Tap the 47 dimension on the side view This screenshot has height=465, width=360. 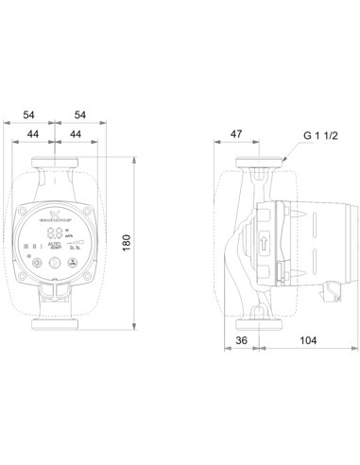pyautogui.click(x=238, y=136)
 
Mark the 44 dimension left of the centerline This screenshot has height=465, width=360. pyautogui.click(x=34, y=136)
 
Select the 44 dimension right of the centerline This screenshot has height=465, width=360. pyautogui.click(x=76, y=136)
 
